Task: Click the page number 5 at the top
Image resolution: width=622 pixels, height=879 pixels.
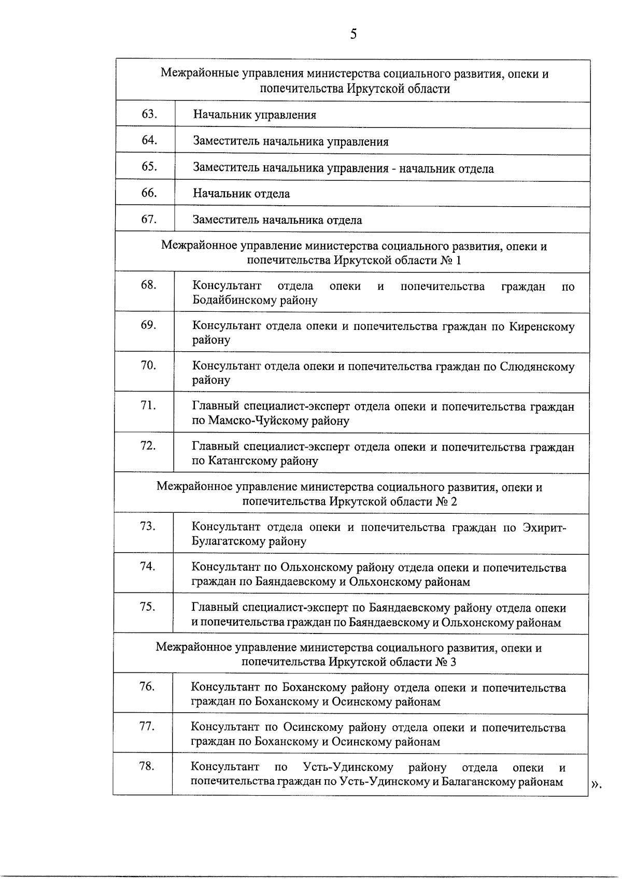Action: [x=354, y=35]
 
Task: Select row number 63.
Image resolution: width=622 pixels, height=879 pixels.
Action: [x=149, y=114]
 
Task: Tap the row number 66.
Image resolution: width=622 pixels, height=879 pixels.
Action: [x=149, y=193]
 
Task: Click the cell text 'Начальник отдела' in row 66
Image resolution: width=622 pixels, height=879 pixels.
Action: [x=242, y=194]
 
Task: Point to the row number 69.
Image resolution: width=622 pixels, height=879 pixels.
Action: [x=148, y=325]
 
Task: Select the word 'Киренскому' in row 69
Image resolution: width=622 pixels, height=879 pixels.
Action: [x=542, y=327]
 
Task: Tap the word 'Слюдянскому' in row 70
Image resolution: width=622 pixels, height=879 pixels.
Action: [x=537, y=367]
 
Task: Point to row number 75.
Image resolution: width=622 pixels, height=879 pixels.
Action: [x=147, y=607]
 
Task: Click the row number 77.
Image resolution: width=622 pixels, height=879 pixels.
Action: [x=147, y=727]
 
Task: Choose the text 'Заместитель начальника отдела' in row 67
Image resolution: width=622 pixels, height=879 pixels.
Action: [x=277, y=220]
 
